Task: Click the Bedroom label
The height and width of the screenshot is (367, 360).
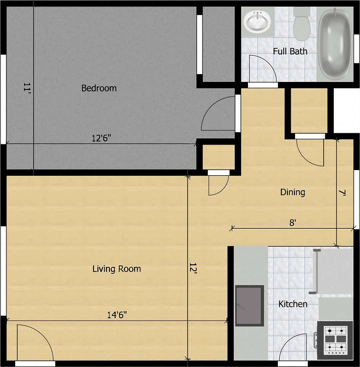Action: pyautogui.click(x=99, y=88)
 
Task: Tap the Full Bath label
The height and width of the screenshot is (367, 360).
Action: pyautogui.click(x=290, y=51)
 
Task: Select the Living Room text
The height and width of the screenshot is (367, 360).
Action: pyautogui.click(x=117, y=269)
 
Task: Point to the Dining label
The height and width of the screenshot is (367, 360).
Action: pyautogui.click(x=293, y=192)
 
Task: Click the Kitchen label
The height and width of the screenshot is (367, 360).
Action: pyautogui.click(x=293, y=304)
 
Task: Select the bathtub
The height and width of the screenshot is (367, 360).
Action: pyautogui.click(x=335, y=44)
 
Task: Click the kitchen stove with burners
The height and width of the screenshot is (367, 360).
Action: pyautogui.click(x=335, y=341)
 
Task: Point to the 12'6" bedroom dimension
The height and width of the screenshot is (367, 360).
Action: pyautogui.click(x=101, y=138)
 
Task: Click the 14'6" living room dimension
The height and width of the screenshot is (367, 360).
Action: pyautogui.click(x=117, y=315)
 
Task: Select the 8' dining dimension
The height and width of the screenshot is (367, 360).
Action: pyautogui.click(x=293, y=223)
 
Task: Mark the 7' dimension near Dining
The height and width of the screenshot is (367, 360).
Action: pyautogui.click(x=343, y=193)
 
